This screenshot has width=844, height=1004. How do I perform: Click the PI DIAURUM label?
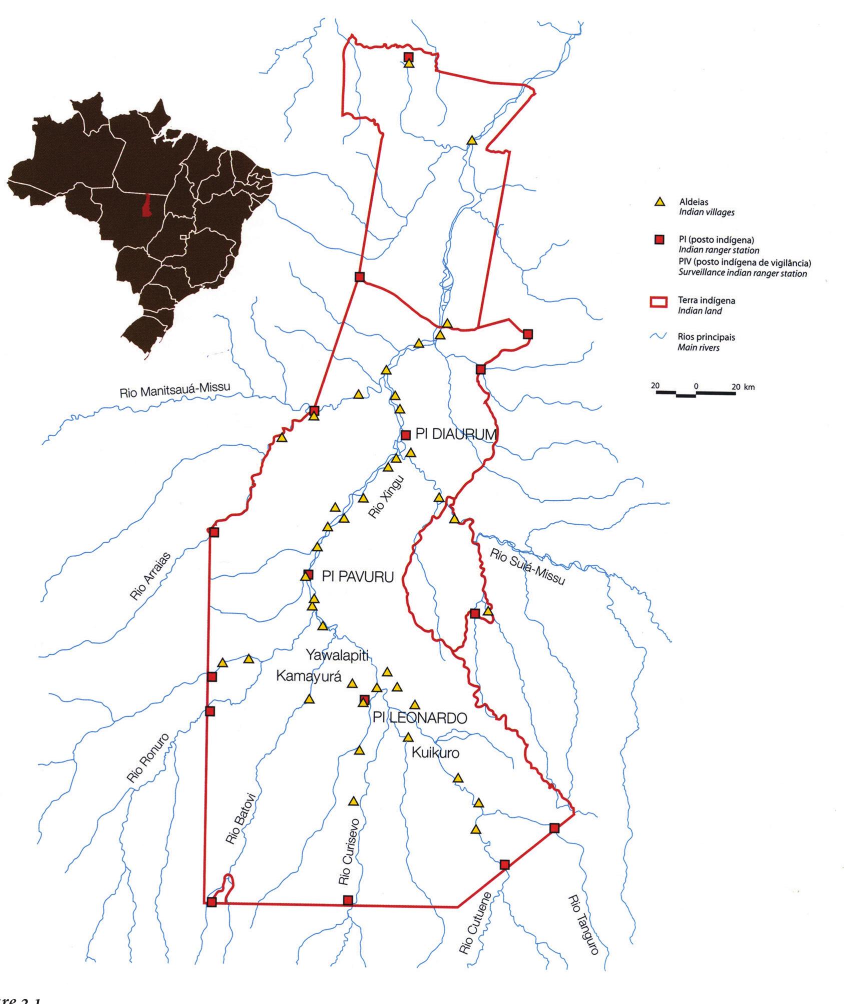point(456,435)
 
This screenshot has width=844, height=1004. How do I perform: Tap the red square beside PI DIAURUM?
point(406,435)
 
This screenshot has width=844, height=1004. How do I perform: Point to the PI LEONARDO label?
point(420,718)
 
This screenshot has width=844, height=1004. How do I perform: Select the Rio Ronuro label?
point(149,759)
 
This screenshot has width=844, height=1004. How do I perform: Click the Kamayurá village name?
point(309,677)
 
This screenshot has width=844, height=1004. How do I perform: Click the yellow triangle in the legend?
point(660,202)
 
